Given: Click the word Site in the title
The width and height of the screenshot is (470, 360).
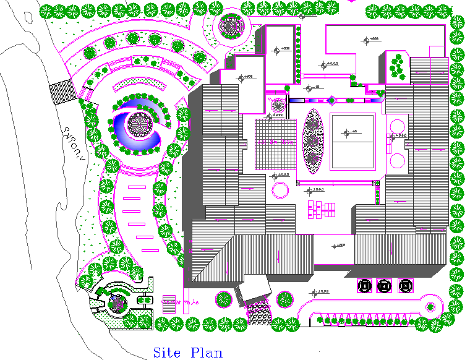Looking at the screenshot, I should click(x=167, y=353).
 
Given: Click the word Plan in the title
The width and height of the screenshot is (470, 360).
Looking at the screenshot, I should click(x=206, y=353).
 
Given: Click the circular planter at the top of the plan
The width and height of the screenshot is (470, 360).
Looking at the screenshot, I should click(x=232, y=26).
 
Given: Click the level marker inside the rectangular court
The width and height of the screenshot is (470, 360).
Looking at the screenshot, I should click(x=352, y=132).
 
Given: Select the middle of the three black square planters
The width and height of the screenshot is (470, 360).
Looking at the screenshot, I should click(x=385, y=286).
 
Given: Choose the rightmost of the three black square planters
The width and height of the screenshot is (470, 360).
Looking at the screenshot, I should click(x=406, y=286).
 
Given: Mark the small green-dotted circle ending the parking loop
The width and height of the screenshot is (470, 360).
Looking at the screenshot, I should click(x=431, y=306).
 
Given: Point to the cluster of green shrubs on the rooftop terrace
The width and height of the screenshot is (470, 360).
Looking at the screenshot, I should click(x=398, y=65).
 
